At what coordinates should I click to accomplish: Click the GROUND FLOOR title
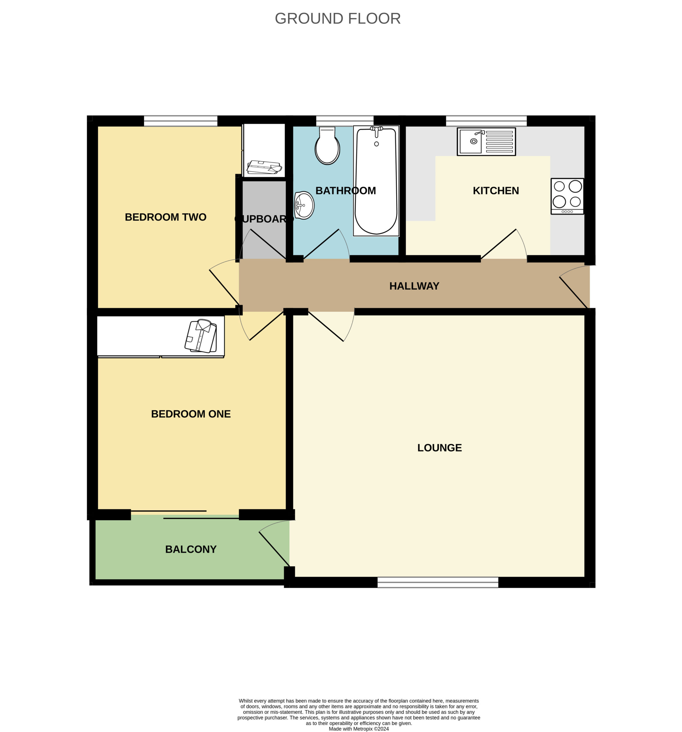338,18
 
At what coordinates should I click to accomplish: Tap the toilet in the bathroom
327,146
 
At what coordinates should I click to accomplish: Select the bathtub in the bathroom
376,181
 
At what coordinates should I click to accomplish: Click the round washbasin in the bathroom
304,205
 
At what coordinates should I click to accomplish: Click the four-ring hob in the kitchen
567,196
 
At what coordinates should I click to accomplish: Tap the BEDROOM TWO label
165,217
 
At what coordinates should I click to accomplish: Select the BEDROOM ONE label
191,414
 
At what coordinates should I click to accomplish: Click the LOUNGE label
440,448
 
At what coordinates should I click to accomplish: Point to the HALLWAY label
414,286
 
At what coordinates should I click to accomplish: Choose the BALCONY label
191,549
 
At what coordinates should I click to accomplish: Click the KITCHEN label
496,191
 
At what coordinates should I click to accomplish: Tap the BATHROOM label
346,191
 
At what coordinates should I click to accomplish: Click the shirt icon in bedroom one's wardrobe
201,336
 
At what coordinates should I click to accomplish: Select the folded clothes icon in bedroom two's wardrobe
264,167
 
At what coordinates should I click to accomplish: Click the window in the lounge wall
438,582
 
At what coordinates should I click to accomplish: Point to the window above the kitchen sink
486,121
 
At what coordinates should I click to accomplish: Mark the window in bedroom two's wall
181,121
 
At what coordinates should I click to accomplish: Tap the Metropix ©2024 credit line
359,729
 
